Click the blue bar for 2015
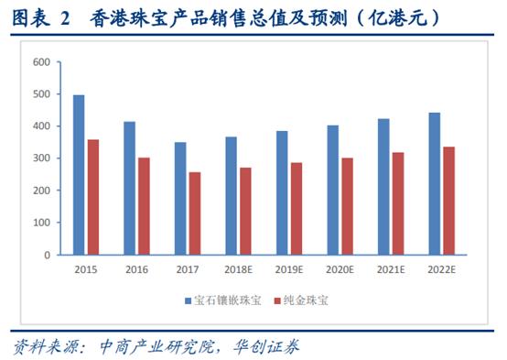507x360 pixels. point(79,175)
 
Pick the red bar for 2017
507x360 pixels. point(195,213)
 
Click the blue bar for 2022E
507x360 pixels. point(435,184)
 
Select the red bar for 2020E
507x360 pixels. point(348,206)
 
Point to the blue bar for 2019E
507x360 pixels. point(282,193)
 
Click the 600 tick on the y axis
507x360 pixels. point(39,62)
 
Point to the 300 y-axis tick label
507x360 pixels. point(39,158)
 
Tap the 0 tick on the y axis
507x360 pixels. point(45,255)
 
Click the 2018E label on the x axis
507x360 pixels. point(238,270)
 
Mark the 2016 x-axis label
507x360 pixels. point(137,270)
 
